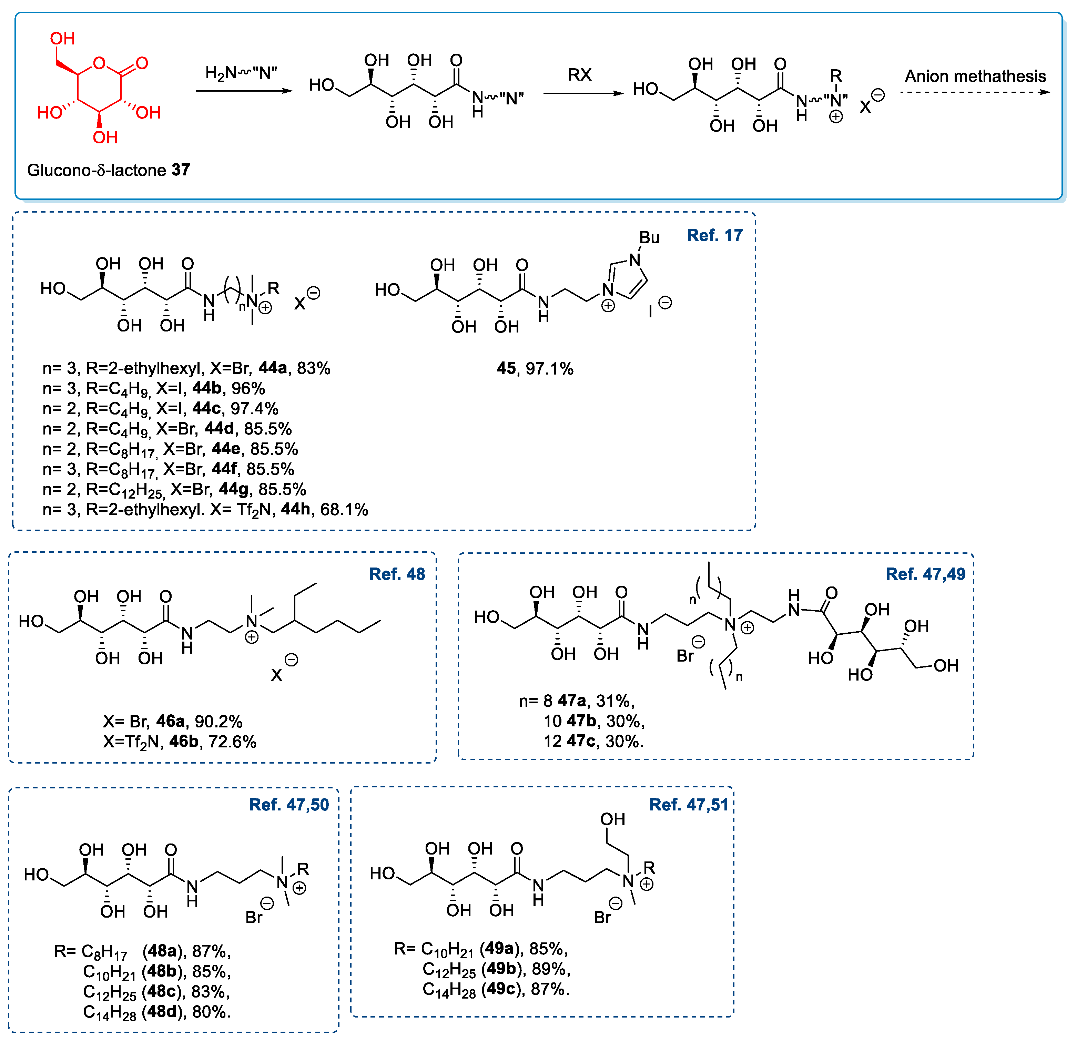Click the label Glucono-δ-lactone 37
(108, 170)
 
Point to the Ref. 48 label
(397, 574)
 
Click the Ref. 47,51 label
(689, 804)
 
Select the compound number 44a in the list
(273, 368)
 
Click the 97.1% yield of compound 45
(549, 369)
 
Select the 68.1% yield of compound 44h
(344, 509)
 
